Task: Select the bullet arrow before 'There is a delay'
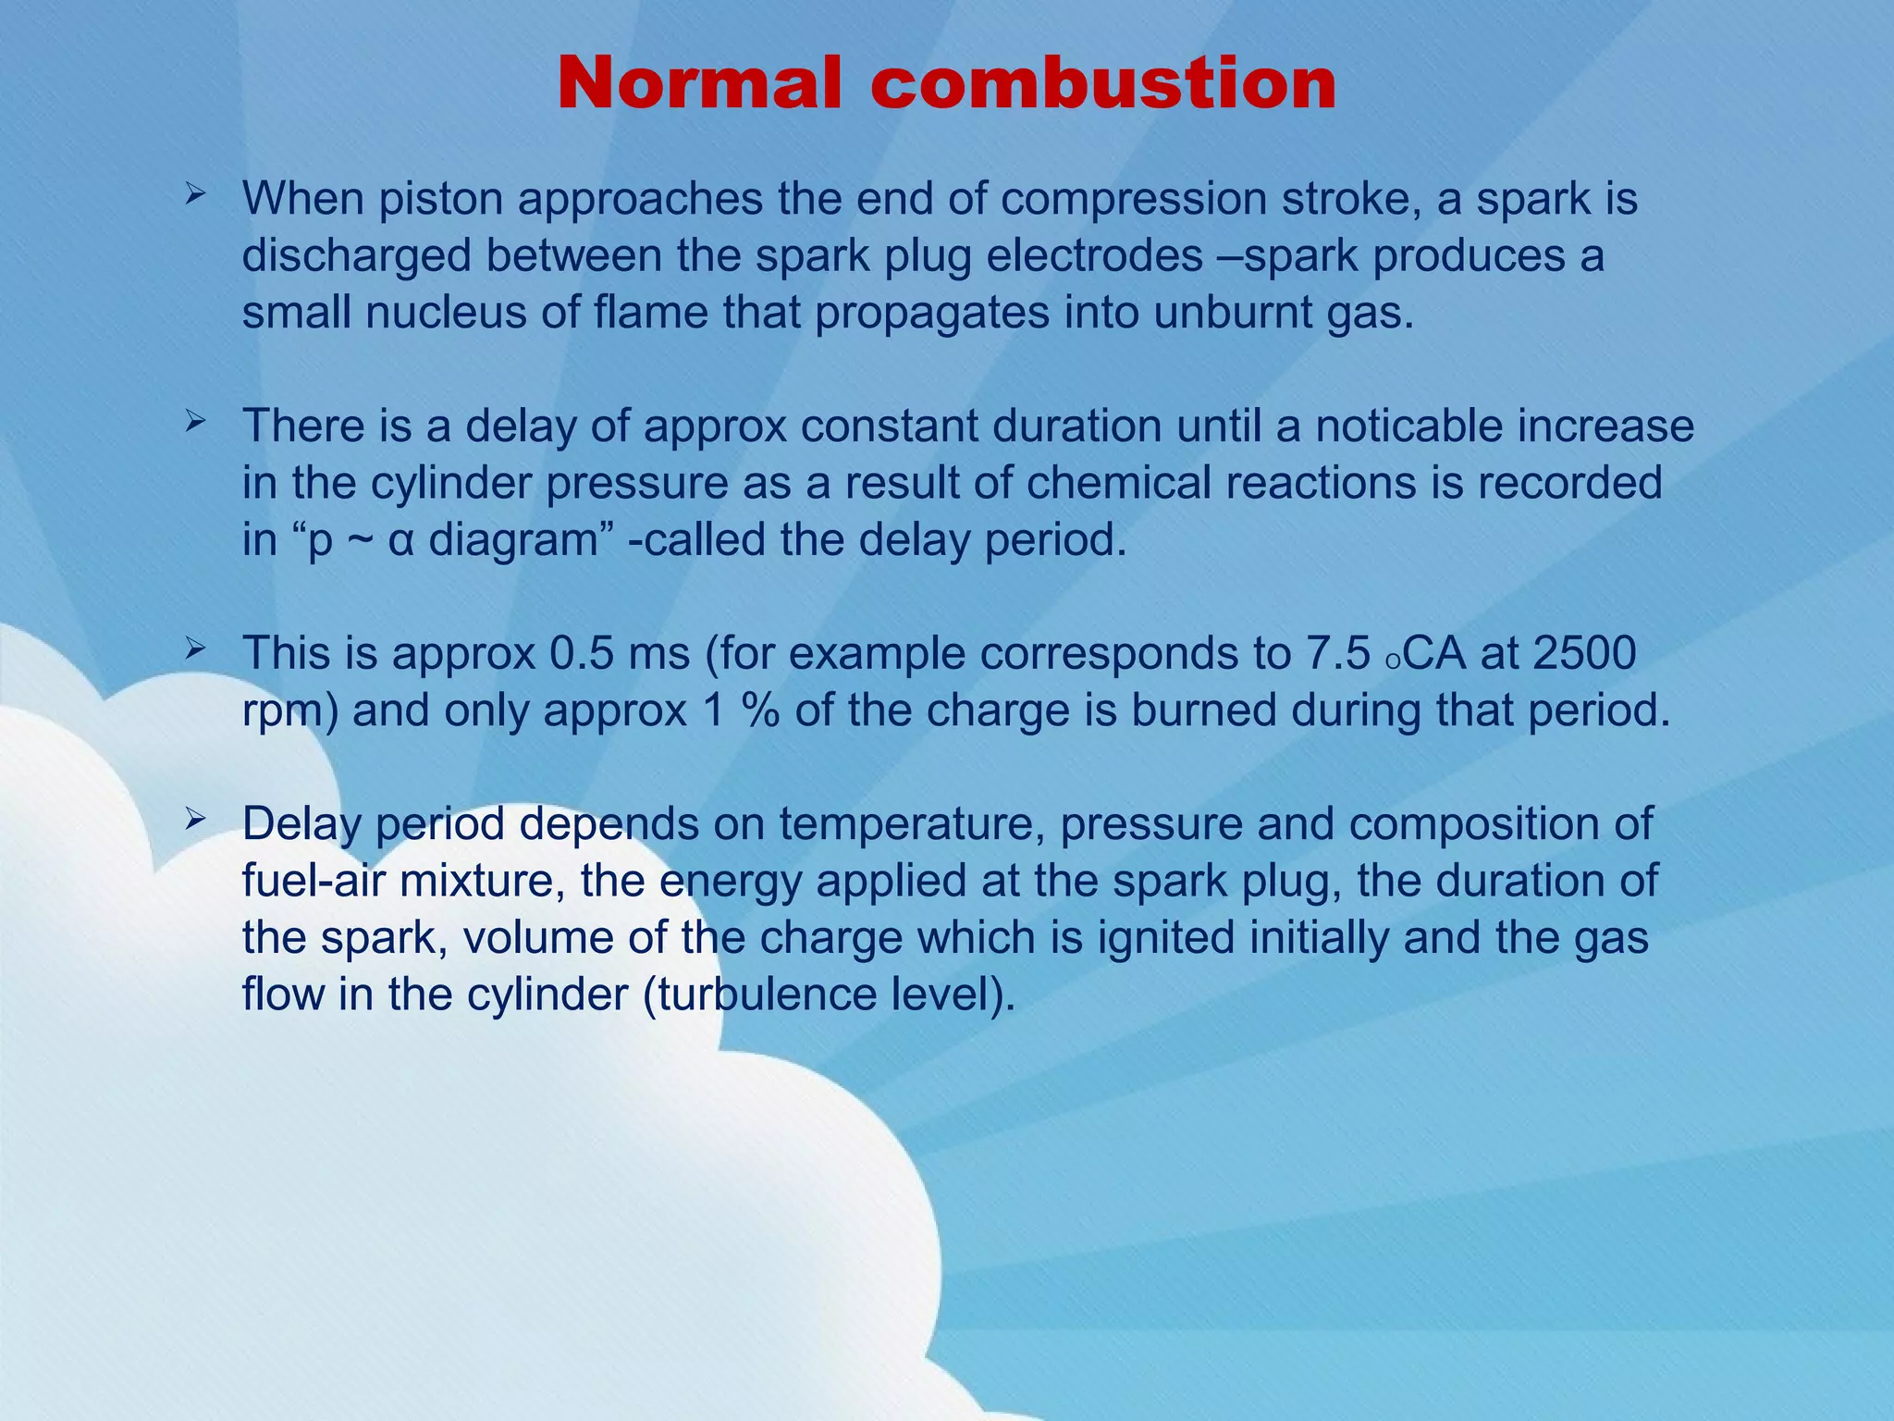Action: point(194,423)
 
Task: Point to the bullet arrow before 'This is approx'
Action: point(194,650)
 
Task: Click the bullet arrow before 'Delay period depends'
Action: point(194,819)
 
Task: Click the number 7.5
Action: point(1337,653)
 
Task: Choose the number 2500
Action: point(1584,653)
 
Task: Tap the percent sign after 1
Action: point(759,710)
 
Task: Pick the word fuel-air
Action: point(314,881)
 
